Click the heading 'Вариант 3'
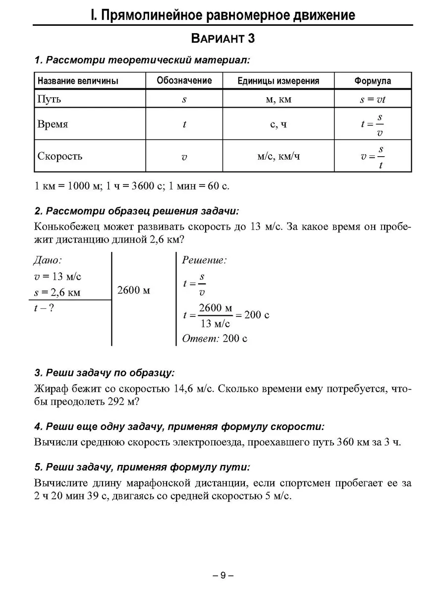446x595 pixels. point(223,39)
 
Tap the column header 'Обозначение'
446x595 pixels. point(184,80)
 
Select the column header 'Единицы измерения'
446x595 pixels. point(278,81)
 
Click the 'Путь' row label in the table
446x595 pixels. point(50,99)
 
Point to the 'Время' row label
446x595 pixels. point(53,124)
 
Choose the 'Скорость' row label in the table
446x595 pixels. point(60,156)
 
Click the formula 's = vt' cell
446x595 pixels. point(373,99)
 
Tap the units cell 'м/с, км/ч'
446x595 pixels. point(279,157)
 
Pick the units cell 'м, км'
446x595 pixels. point(278,99)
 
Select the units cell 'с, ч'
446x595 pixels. point(278,124)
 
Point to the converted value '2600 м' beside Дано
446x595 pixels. point(134,291)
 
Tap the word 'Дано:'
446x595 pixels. point(48,260)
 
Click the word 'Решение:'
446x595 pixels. point(204,260)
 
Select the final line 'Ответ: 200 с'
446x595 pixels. point(215,339)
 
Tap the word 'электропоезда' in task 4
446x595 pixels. point(207,442)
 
